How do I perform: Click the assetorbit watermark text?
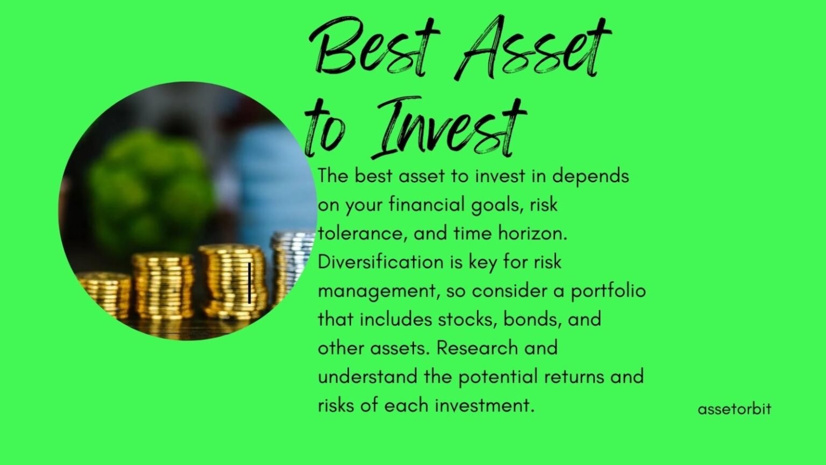click(734, 409)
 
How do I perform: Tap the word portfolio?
click(608, 291)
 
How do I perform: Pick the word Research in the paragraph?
click(478, 348)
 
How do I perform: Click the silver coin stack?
click(293, 263)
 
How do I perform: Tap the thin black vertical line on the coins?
click(250, 283)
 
